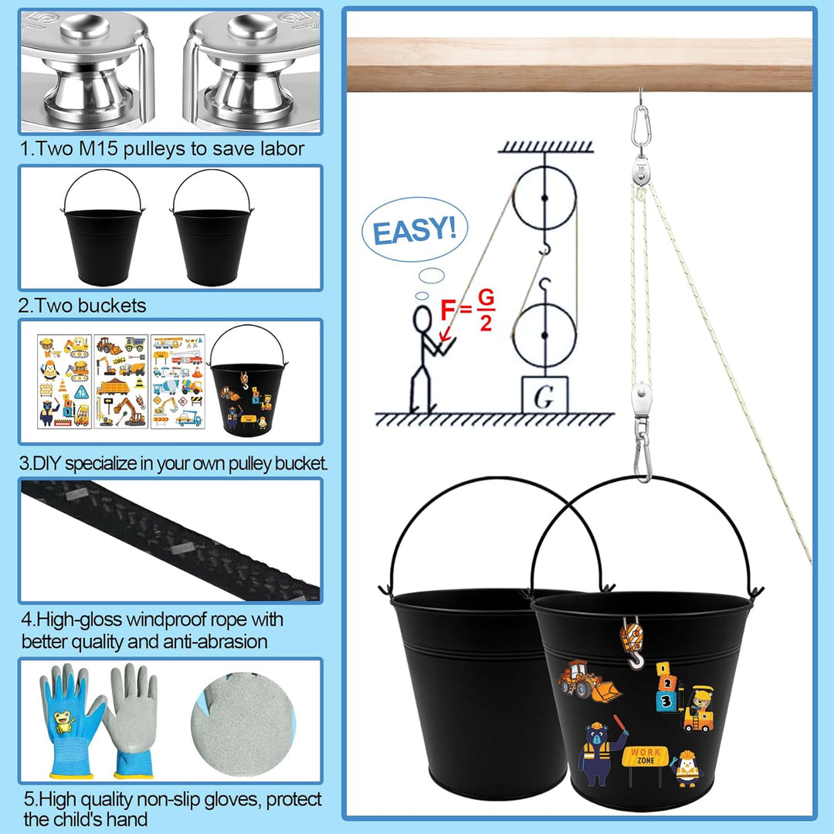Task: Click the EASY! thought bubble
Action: (415, 230)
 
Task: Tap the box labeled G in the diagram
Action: (544, 395)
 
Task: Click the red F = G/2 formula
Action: (468, 310)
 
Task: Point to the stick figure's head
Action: (423, 320)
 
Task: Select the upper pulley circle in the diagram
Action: (544, 198)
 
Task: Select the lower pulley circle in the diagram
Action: (544, 335)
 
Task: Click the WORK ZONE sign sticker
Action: (645, 761)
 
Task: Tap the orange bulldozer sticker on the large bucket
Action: (588, 680)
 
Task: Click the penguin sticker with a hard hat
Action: (687, 769)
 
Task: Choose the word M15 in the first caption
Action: (98, 148)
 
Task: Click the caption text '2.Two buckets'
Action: (83, 305)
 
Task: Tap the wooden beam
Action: (580, 64)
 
